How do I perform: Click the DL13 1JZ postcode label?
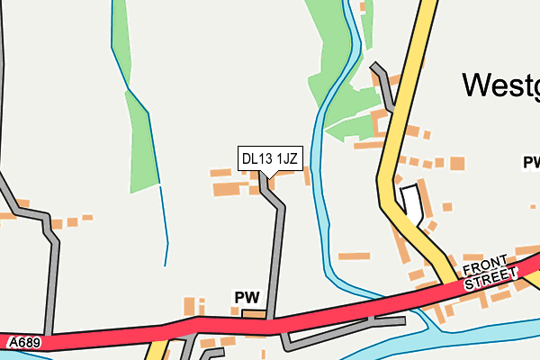click(x=269, y=159)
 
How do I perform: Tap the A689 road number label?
click(x=25, y=343)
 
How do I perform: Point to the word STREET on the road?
click(x=492, y=279)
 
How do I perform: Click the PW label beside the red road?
click(x=247, y=297)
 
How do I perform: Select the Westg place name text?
click(x=500, y=85)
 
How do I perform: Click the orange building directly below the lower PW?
click(x=254, y=313)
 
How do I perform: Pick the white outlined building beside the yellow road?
click(x=410, y=202)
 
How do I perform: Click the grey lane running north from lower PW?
click(x=276, y=252)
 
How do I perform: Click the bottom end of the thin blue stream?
click(x=166, y=264)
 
